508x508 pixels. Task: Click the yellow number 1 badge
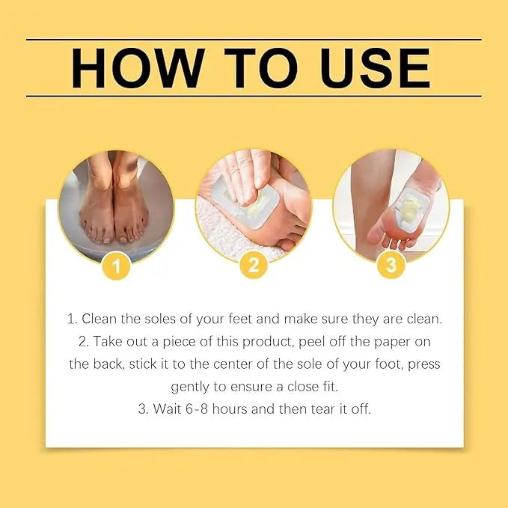(x=116, y=265)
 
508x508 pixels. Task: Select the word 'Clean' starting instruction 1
(x=100, y=319)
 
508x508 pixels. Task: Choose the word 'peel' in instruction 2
(x=315, y=341)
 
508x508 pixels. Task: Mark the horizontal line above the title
(x=254, y=40)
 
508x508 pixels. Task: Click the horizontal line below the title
(x=254, y=97)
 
